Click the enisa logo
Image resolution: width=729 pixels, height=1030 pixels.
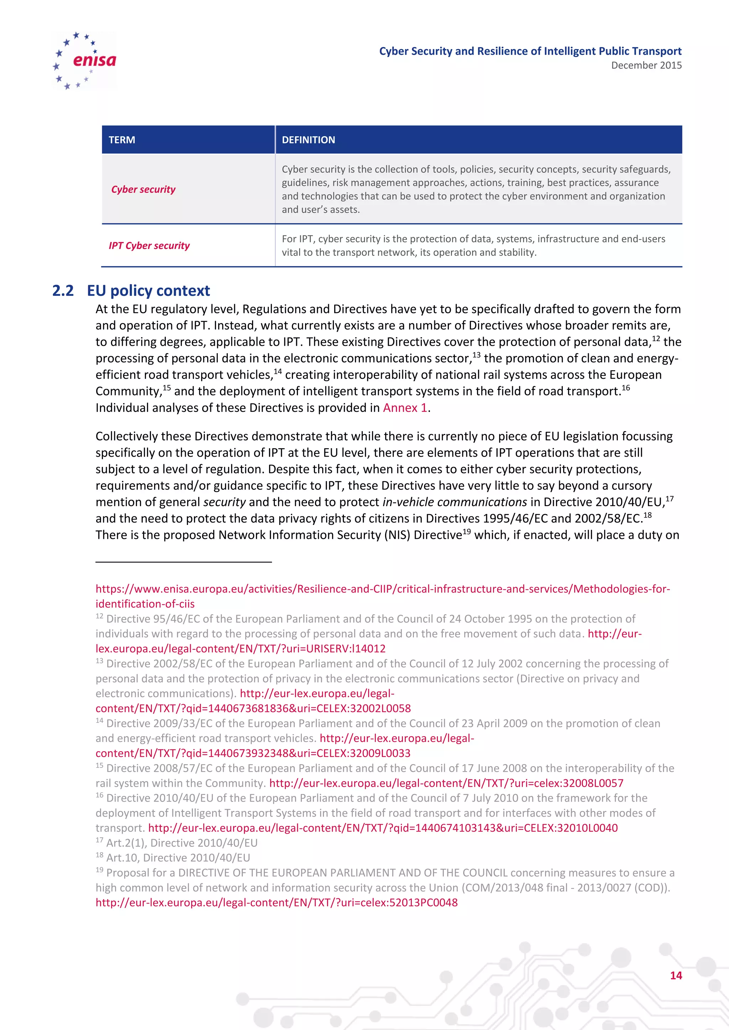[85, 60]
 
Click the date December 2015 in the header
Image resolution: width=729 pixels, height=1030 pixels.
[646, 65]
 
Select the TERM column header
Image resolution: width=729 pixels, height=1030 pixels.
[122, 140]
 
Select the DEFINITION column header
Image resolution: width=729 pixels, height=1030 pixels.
[308, 140]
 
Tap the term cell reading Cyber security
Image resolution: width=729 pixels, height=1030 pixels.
[143, 189]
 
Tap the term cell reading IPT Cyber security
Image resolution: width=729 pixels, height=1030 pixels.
[149, 246]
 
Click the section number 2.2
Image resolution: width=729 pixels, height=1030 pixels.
[63, 291]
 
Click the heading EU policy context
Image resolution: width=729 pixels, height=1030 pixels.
[148, 291]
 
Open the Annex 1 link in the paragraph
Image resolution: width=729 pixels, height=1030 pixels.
[404, 408]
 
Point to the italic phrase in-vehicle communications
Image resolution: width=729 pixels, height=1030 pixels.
[454, 502]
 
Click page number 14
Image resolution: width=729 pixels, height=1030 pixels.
[676, 975]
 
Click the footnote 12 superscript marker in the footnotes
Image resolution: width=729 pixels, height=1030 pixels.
[99, 616]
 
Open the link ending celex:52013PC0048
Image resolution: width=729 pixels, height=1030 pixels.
[277, 903]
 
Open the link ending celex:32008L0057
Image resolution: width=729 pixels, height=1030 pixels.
[446, 783]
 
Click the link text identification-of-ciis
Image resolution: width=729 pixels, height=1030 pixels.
[145, 604]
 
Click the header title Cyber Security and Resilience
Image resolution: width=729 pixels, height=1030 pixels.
[530, 51]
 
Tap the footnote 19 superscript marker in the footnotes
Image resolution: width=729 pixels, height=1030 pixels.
[99, 870]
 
